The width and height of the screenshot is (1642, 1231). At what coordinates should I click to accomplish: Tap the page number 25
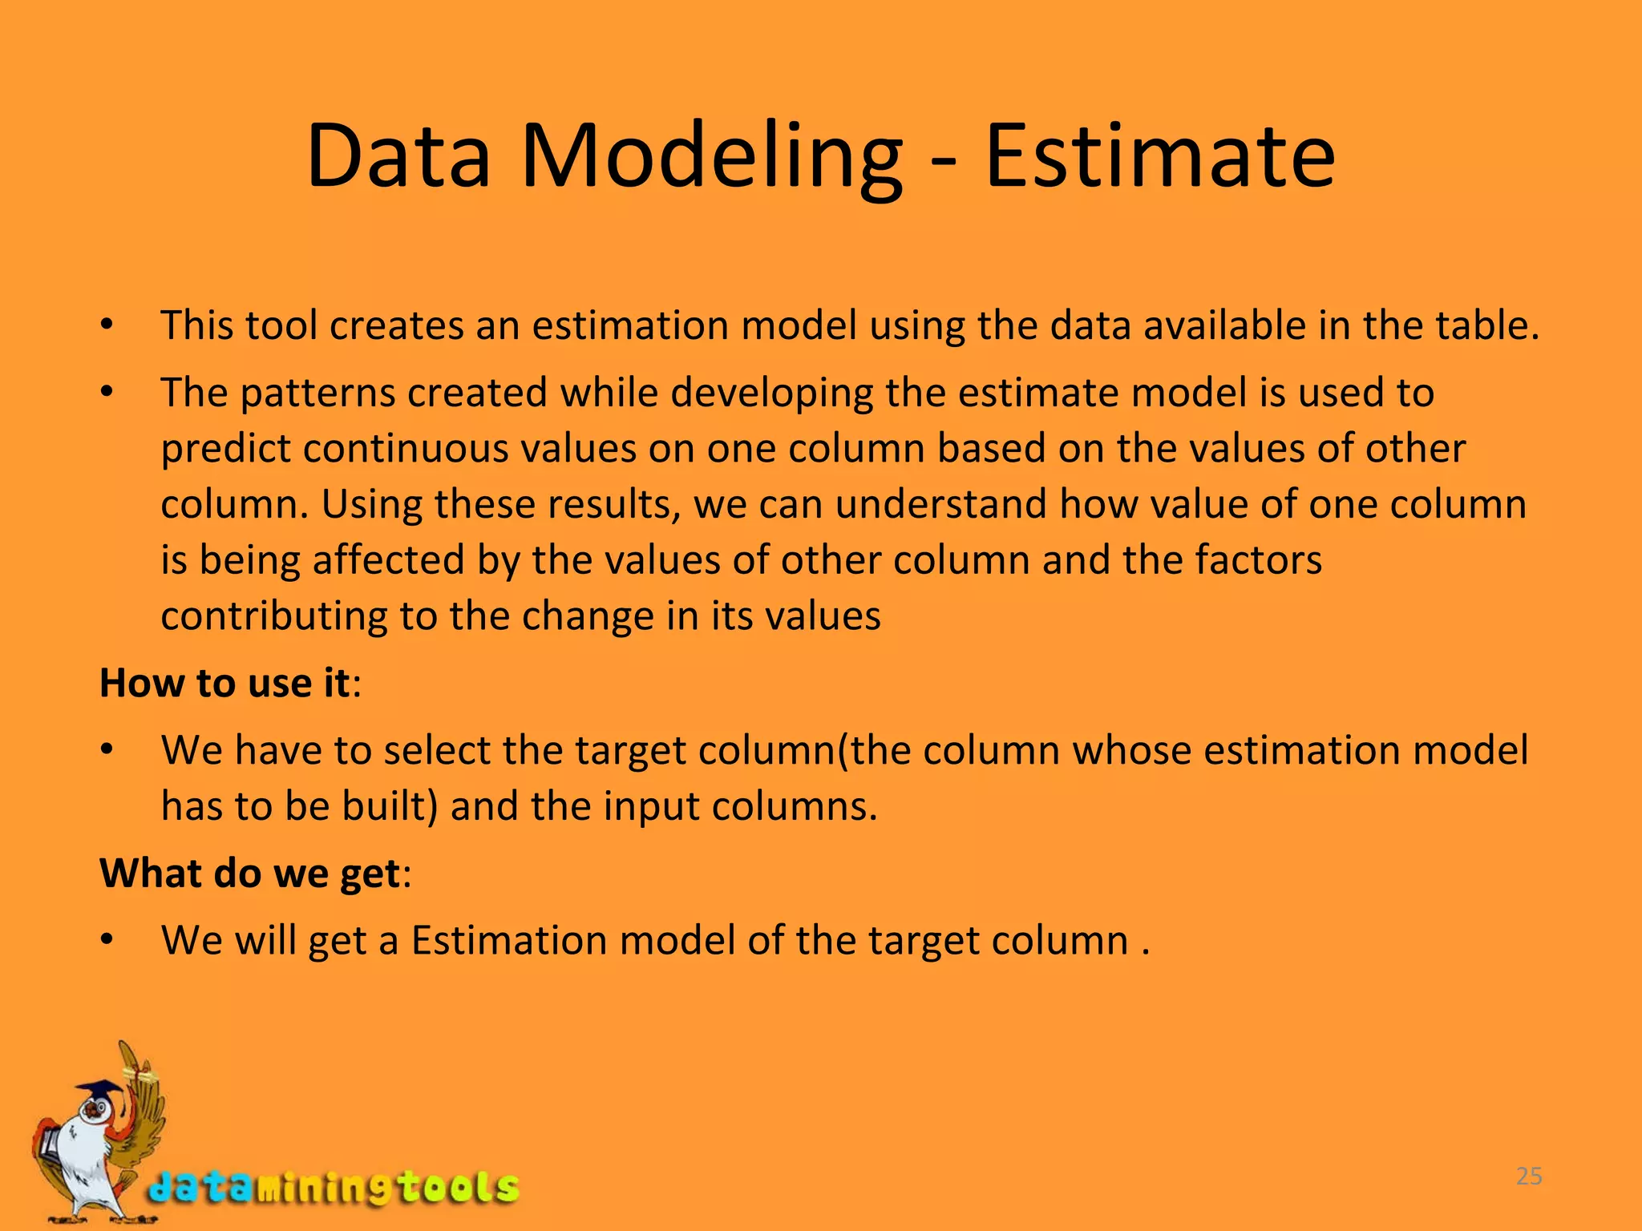click(x=1529, y=1177)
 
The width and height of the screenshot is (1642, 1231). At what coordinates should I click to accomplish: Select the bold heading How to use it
click(x=225, y=684)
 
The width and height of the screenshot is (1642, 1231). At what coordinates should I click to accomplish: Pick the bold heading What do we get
click(x=249, y=874)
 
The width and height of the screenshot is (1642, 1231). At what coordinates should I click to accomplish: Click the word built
click(x=388, y=806)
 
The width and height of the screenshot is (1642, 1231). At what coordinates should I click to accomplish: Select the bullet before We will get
click(x=107, y=942)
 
